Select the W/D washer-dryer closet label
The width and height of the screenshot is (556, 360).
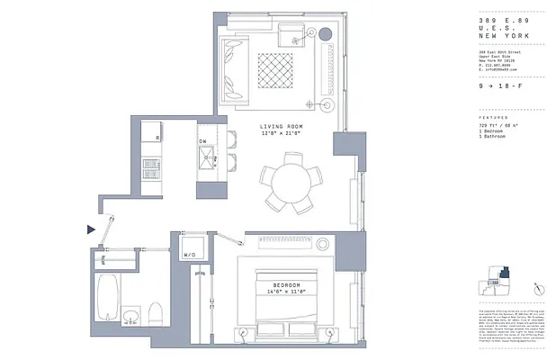190,255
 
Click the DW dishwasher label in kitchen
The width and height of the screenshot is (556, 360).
202,141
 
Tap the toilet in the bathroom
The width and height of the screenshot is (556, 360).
154,314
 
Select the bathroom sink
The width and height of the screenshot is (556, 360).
131,317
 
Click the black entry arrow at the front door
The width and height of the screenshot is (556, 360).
90,230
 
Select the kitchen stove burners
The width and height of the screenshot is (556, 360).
150,166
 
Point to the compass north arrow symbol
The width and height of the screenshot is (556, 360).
538,286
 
